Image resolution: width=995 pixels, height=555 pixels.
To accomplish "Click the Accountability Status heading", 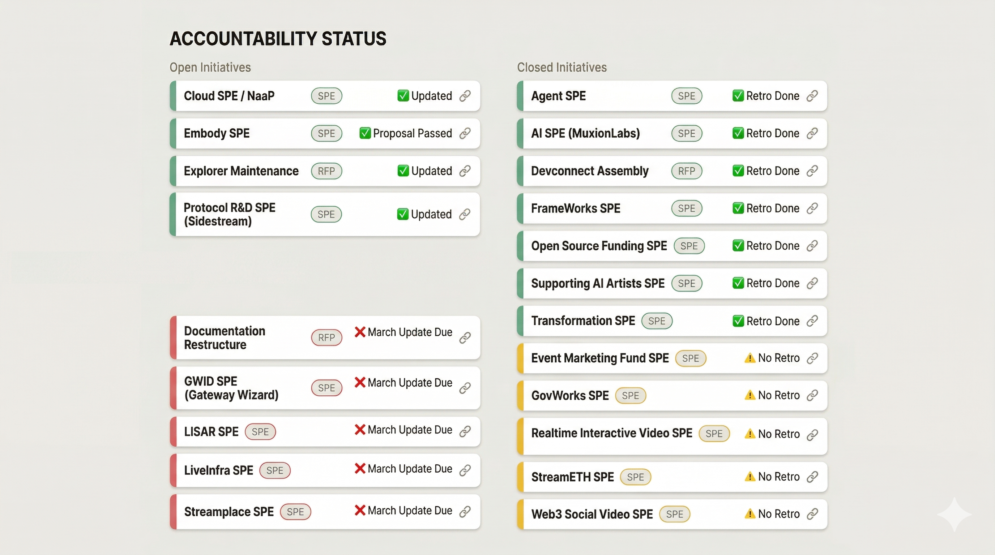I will point(278,39).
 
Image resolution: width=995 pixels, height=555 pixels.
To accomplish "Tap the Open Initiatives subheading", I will point(210,68).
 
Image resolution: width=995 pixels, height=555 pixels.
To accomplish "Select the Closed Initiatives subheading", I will point(561,68).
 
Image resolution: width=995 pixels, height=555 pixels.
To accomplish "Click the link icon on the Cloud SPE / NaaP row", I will point(465,96).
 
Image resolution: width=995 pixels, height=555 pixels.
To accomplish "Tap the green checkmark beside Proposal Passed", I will point(364,133).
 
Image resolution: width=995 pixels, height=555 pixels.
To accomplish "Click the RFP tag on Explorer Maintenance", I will point(326,171).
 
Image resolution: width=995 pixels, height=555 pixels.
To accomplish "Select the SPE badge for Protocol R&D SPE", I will point(326,214).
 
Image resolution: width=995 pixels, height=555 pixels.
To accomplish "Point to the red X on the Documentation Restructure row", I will point(360,332).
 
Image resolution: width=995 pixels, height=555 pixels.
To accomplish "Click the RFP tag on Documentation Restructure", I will point(326,338).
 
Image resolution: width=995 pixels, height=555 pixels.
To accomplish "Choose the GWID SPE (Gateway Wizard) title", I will point(231,388).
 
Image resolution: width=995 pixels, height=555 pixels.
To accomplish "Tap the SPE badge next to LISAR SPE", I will point(260,431).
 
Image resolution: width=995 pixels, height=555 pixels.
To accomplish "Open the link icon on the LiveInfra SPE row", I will point(465,470).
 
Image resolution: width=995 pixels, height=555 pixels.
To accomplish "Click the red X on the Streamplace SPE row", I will point(360,510).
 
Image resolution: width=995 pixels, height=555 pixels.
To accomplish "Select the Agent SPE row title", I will point(558,96).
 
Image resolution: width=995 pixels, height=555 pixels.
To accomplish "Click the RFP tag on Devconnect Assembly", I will point(686,171).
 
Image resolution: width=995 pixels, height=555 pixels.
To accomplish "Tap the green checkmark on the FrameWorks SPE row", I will point(738,208).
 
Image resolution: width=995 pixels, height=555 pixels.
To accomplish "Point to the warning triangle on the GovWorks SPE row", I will point(750,395).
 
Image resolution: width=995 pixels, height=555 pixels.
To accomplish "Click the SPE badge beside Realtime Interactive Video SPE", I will point(714,434).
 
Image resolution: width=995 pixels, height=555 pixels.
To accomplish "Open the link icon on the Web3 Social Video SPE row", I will point(812,514).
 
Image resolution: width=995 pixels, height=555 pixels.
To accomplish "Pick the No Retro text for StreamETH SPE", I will point(778,477).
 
